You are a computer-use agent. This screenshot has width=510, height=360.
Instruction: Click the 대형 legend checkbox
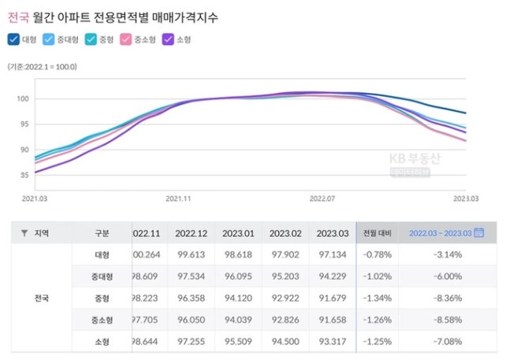[x=13, y=39]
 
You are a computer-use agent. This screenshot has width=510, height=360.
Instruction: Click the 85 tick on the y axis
[x=24, y=175]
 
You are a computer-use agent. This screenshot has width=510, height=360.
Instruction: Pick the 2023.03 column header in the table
[x=332, y=232]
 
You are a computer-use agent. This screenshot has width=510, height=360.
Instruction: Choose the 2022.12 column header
[x=192, y=232]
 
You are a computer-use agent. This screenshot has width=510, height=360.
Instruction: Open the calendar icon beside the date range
[x=478, y=232]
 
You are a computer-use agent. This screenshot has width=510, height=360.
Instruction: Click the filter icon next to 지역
[x=24, y=233]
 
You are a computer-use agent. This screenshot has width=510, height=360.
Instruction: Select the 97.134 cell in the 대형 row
[x=332, y=254]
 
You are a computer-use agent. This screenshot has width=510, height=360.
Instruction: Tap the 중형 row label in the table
[x=101, y=299]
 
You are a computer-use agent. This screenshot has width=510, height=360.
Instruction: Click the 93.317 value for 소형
[x=332, y=343]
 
